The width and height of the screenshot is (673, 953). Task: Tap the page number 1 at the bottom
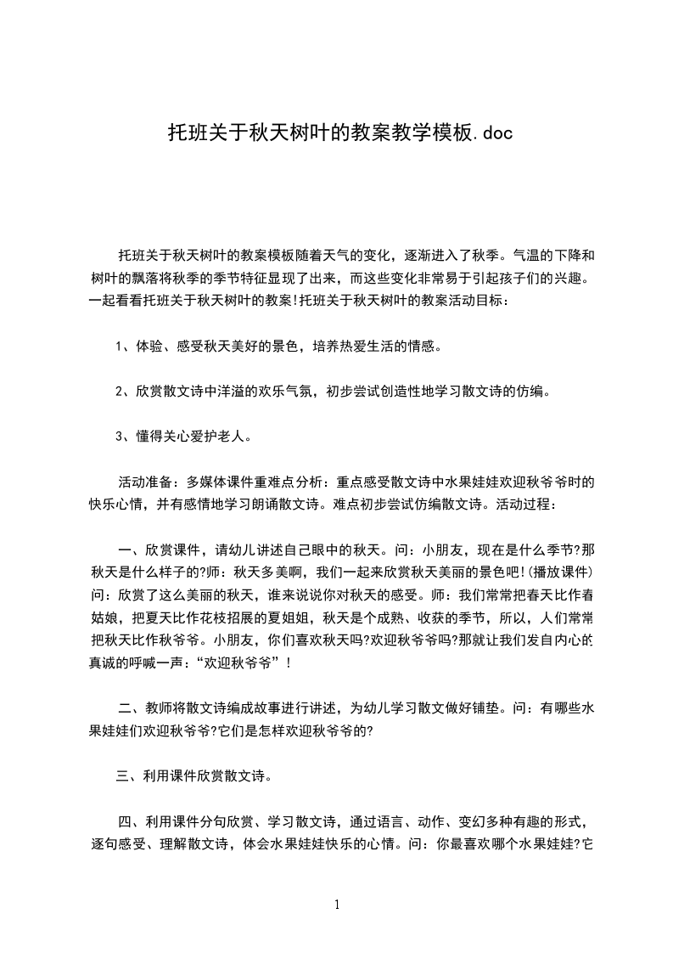337,905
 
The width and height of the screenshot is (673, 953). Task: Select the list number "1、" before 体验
123,347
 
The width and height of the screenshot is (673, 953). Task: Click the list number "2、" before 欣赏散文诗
123,392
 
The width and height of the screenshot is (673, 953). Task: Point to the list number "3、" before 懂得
123,437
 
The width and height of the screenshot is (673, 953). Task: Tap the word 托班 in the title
182,133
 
